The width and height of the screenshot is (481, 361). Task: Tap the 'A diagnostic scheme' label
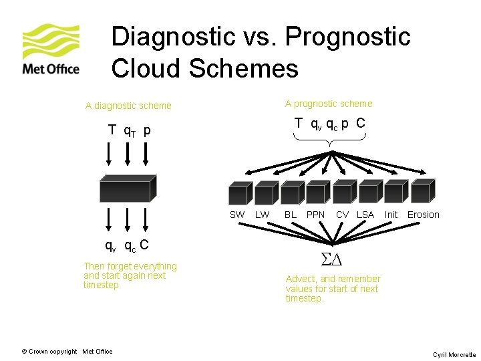tap(128, 106)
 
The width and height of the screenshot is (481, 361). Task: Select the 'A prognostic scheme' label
tap(329, 104)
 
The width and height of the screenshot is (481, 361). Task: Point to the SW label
tap(237, 215)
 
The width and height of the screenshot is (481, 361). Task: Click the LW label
tap(263, 215)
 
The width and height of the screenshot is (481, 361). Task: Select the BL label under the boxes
tap(291, 215)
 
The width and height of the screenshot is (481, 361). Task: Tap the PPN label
tap(315, 215)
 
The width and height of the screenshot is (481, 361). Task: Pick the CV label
tap(342, 215)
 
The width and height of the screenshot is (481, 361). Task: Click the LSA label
tap(365, 215)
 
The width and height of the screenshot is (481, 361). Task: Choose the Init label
tap(391, 215)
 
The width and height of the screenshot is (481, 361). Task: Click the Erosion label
tap(424, 215)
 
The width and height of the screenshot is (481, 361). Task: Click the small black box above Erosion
tap(422, 192)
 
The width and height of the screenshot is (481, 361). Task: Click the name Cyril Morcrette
tap(454, 355)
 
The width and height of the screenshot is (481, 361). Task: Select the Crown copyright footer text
tap(67, 352)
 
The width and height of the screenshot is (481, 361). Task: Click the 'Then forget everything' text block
tap(130, 275)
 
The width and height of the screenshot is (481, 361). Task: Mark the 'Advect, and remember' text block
tap(333, 288)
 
